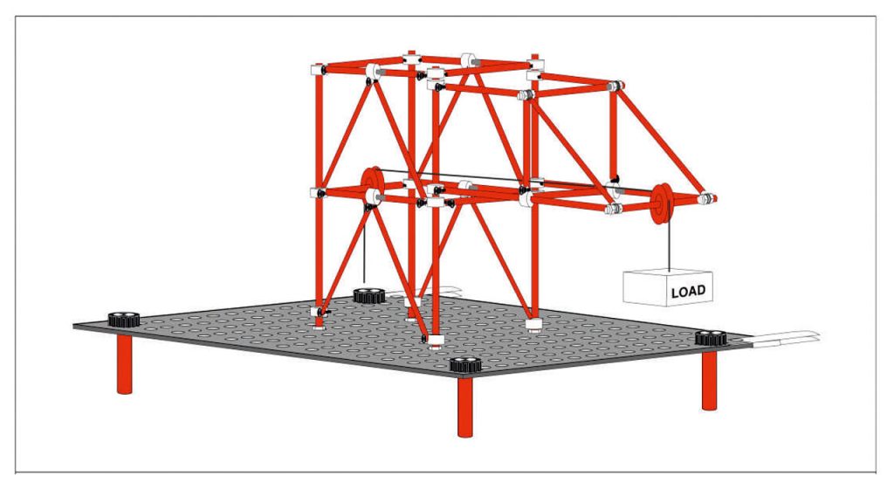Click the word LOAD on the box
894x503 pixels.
(688, 292)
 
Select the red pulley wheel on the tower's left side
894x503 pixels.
(372, 186)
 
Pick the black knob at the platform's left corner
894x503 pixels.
(124, 319)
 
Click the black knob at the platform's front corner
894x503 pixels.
(465, 365)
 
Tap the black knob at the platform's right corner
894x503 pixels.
(711, 338)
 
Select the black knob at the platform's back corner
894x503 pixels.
(370, 295)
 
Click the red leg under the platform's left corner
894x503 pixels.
(124, 364)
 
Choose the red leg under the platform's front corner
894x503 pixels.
(465, 407)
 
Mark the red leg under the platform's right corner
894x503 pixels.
(709, 381)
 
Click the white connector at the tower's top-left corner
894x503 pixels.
(317, 70)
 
